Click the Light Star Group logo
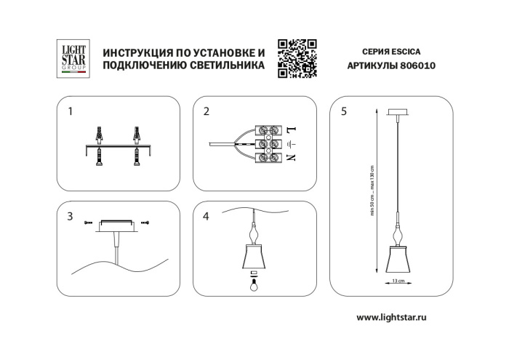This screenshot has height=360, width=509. tap(73, 57)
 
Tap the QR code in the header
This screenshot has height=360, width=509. tap(297, 58)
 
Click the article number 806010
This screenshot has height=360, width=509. tap(417, 65)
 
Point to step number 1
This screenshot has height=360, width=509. tap(70, 111)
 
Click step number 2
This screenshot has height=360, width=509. tap(207, 111)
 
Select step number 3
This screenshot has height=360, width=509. tap(70, 216)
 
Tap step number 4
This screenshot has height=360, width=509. tap(207, 216)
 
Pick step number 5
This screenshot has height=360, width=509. tap(343, 111)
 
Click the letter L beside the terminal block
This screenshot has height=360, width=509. tap(291, 129)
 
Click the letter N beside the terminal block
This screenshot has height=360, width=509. tap(291, 157)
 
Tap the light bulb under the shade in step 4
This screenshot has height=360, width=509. tap(254, 284)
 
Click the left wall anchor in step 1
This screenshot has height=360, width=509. tap(99, 135)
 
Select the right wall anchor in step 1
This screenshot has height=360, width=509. tap(135, 135)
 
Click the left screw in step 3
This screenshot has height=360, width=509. tap(87, 221)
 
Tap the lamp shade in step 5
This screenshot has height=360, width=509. tap(398, 259)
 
